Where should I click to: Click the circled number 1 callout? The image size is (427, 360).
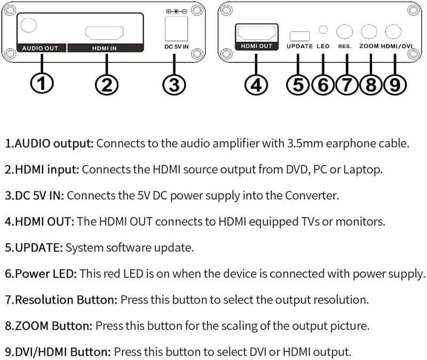coord(42,83)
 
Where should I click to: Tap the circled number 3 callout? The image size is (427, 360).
coord(175,85)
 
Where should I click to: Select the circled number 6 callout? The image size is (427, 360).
coord(323,85)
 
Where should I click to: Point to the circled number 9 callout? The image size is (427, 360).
coord(395,85)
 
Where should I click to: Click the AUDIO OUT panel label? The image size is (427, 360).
coord(40,48)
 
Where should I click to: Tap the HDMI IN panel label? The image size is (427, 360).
coord(104,48)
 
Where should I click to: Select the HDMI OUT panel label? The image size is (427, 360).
coord(257,46)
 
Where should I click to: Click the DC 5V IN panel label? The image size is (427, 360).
coord(177,46)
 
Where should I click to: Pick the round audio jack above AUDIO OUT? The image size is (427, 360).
coord(28,25)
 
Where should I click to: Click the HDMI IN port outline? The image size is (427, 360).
coord(104,33)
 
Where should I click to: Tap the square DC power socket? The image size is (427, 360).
coord(176,28)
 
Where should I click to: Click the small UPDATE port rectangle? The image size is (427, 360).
coord(299,36)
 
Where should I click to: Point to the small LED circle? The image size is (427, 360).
coord(323,29)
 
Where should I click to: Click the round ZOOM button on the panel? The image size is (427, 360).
coord(369,31)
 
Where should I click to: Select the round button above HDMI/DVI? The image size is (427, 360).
coord(393,31)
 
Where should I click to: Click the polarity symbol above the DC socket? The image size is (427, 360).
coord(176,11)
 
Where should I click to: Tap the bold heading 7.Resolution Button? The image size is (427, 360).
coord(61,300)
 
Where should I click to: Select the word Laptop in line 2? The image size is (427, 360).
coord(363,170)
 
